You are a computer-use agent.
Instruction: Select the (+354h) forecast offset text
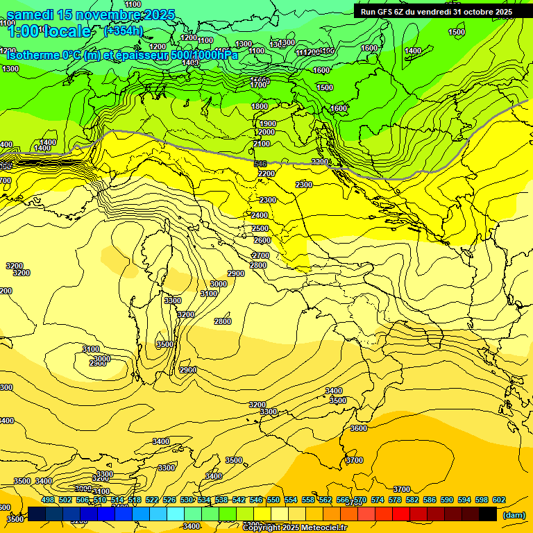coord(124,31)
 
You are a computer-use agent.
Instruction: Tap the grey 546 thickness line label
coord(260,164)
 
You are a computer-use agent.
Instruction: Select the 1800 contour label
coord(260,106)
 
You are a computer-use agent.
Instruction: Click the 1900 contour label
coord(268,124)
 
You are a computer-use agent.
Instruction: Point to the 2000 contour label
coord(266,132)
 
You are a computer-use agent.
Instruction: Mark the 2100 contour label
coord(262,144)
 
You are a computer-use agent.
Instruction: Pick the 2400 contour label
coord(260,216)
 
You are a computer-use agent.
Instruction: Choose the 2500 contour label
coord(260,228)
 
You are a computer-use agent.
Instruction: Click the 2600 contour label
coord(262,240)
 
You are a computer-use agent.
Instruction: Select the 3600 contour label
coord(358,428)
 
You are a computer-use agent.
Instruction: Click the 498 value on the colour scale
coord(48,500)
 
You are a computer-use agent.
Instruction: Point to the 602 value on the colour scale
coord(498,500)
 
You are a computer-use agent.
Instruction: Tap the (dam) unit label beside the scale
coord(514,514)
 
